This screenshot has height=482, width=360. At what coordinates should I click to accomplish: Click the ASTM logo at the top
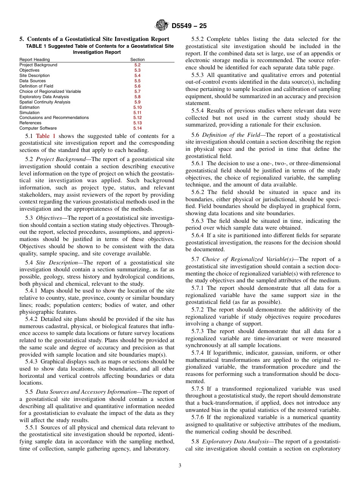pyautogui.click(x=162, y=26)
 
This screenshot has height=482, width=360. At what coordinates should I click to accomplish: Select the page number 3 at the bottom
pyautogui.click(x=180, y=465)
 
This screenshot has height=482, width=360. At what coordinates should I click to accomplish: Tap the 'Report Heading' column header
pyautogui.click(x=34, y=59)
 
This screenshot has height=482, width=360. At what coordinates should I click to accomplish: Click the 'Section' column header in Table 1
pyautogui.click(x=137, y=59)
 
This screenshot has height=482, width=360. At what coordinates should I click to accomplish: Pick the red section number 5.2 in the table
pyautogui.click(x=137, y=65)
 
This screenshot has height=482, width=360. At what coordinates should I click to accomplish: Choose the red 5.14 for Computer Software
pyautogui.click(x=137, y=128)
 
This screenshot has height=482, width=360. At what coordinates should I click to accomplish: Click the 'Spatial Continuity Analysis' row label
pyautogui.click(x=45, y=102)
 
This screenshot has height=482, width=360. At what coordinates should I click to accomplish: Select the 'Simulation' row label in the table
pyautogui.click(x=29, y=113)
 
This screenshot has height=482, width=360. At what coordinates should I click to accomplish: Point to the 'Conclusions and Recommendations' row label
pyautogui.click(x=54, y=117)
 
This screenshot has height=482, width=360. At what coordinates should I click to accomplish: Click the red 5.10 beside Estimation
pyautogui.click(x=137, y=107)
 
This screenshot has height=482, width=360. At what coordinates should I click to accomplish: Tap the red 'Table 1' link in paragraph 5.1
pyautogui.click(x=45, y=136)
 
